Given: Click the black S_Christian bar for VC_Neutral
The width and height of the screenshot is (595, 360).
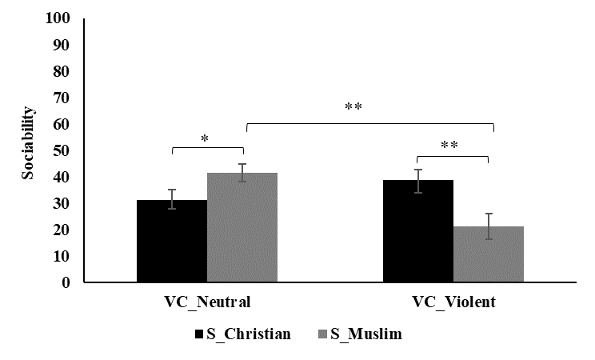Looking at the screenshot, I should [x=172, y=242].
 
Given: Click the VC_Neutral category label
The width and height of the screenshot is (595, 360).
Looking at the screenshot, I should [x=207, y=302].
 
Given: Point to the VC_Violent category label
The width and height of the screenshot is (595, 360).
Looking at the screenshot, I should [x=453, y=302].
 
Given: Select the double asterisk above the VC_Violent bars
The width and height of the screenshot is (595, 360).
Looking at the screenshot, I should [x=449, y=146].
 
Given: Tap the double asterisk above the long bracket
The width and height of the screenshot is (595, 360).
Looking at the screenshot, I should [x=353, y=108].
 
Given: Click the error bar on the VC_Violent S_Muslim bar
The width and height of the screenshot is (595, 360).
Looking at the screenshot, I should [x=489, y=226].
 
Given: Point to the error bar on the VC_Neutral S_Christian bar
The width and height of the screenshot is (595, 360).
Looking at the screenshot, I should [x=172, y=199].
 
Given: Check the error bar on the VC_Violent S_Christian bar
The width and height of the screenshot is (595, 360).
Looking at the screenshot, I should [x=418, y=181].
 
